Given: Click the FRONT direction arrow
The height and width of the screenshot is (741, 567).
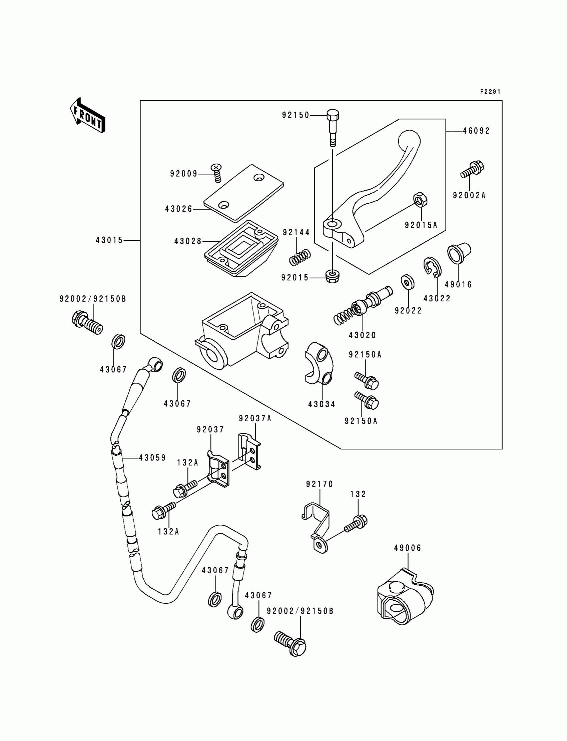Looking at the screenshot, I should click(x=87, y=116).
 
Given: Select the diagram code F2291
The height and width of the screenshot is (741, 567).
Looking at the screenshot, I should click(x=490, y=92).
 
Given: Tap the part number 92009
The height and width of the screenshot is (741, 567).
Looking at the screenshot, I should click(x=183, y=174).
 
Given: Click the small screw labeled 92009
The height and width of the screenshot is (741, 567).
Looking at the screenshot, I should click(x=216, y=172).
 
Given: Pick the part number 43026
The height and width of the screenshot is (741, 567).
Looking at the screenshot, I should click(x=178, y=209).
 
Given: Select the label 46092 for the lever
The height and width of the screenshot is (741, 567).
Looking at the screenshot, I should click(x=476, y=131).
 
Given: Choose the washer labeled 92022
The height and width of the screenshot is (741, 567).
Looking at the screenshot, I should click(x=408, y=282).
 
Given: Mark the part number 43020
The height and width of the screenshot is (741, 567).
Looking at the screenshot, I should click(x=363, y=335).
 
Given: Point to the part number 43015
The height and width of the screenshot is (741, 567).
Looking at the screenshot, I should click(x=109, y=240).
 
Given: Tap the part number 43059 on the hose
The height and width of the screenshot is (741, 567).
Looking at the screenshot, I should click(x=152, y=458).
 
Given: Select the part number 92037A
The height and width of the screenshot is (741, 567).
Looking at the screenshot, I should click(x=255, y=419).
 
